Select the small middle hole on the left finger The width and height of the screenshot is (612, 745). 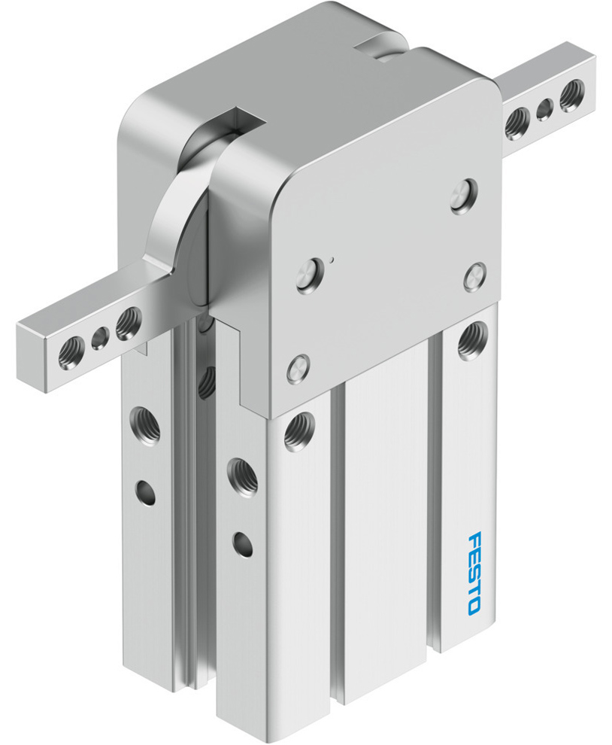tap(100, 340)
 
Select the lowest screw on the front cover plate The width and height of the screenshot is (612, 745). tap(297, 369)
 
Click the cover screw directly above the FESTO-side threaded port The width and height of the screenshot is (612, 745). tap(474, 276)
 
